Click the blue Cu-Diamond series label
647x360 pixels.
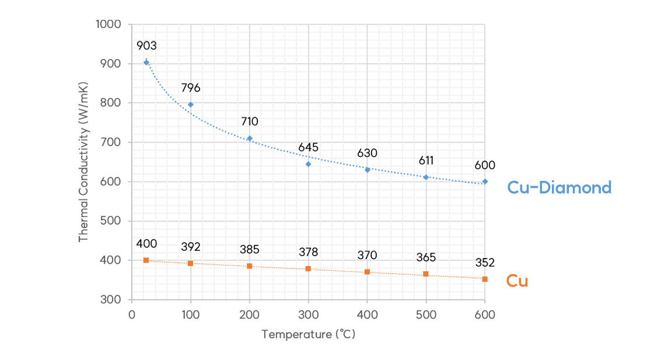pos(559,187)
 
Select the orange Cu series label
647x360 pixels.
pos(517,281)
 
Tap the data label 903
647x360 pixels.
pos(146,46)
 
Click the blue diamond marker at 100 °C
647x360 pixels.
pos(190,104)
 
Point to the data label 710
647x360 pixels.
pos(249,121)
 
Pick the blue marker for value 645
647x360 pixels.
pos(308,164)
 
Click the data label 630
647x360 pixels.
pos(367,153)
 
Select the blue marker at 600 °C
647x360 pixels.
pos(485,181)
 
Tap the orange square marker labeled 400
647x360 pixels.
pos(146,260)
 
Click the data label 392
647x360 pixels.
pos(190,246)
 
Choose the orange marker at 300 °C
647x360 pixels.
pos(308,268)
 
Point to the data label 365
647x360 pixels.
pos(426,257)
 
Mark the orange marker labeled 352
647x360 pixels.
pos(485,279)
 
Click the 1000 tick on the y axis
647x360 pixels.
pos(109,25)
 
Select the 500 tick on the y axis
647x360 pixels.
pos(111,221)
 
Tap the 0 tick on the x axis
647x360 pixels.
pos(132,315)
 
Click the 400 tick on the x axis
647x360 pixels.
pos(367,315)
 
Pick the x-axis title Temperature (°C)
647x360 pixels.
pos(308,335)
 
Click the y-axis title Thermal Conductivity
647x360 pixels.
pos(84,162)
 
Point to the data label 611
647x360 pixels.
pos(426,160)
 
